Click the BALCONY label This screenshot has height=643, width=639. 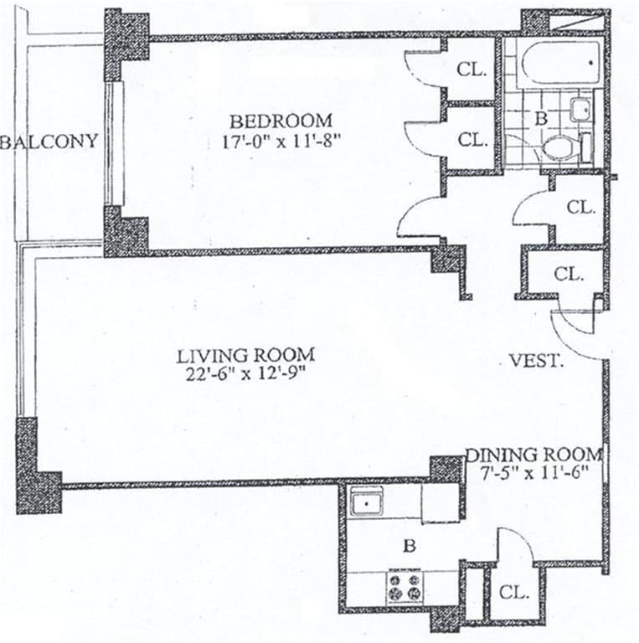pyautogui.click(x=49, y=141)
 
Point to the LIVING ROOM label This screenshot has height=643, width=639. pyautogui.click(x=245, y=354)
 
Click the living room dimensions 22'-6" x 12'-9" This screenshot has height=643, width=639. pyautogui.click(x=245, y=374)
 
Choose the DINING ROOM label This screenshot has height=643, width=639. pyautogui.click(x=533, y=455)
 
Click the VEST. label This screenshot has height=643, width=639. pyautogui.click(x=536, y=362)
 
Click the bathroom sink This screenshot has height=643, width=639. pyautogui.click(x=581, y=109)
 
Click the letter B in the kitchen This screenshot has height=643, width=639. pyautogui.click(x=410, y=547)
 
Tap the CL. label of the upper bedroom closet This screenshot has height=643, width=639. pyautogui.click(x=472, y=70)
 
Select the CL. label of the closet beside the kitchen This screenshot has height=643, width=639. pyautogui.click(x=514, y=593)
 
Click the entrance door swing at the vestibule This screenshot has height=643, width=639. pyautogui.click(x=578, y=332)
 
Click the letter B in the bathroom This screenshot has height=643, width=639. pyautogui.click(x=541, y=119)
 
